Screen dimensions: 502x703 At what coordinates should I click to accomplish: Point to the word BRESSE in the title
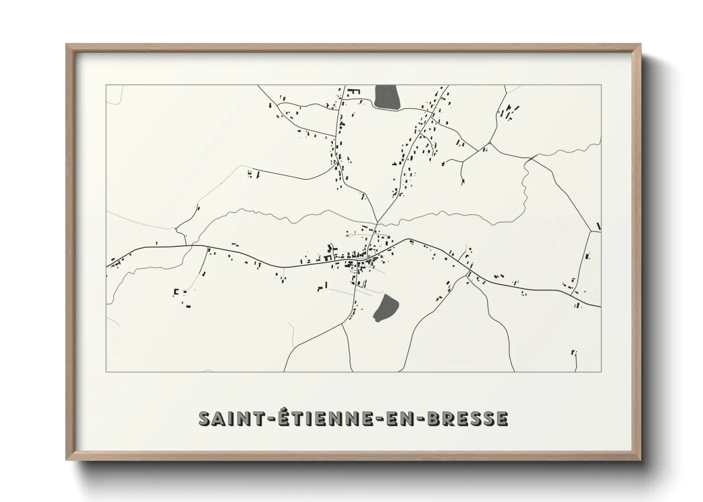[x=468, y=418]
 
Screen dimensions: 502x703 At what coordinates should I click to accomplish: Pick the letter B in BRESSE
[x=433, y=418]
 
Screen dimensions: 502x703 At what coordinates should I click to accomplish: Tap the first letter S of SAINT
[x=205, y=418]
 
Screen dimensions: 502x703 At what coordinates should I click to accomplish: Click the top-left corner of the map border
[x=106, y=85]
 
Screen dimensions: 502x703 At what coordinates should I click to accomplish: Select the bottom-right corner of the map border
[x=601, y=372]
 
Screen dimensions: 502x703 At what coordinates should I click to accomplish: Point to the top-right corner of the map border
[x=601, y=85]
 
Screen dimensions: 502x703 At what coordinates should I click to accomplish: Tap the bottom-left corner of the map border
[x=106, y=372]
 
